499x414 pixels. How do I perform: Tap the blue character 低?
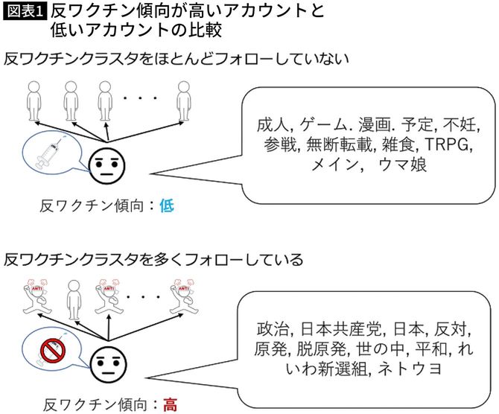point(167,205)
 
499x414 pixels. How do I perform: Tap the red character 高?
point(171,406)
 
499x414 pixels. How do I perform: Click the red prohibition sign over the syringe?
point(52,349)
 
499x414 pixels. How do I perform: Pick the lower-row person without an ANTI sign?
point(71,299)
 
